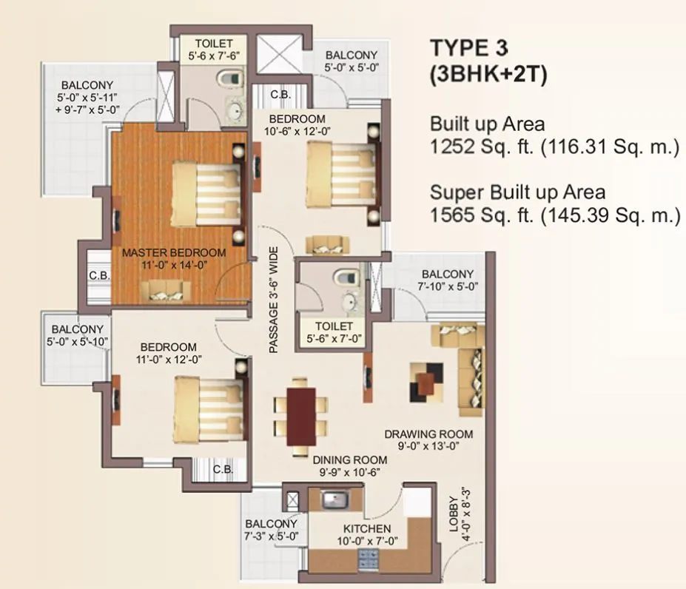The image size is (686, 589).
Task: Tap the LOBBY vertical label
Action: pos(454,515)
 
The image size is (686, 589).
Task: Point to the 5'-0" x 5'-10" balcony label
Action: pos(78,341)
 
